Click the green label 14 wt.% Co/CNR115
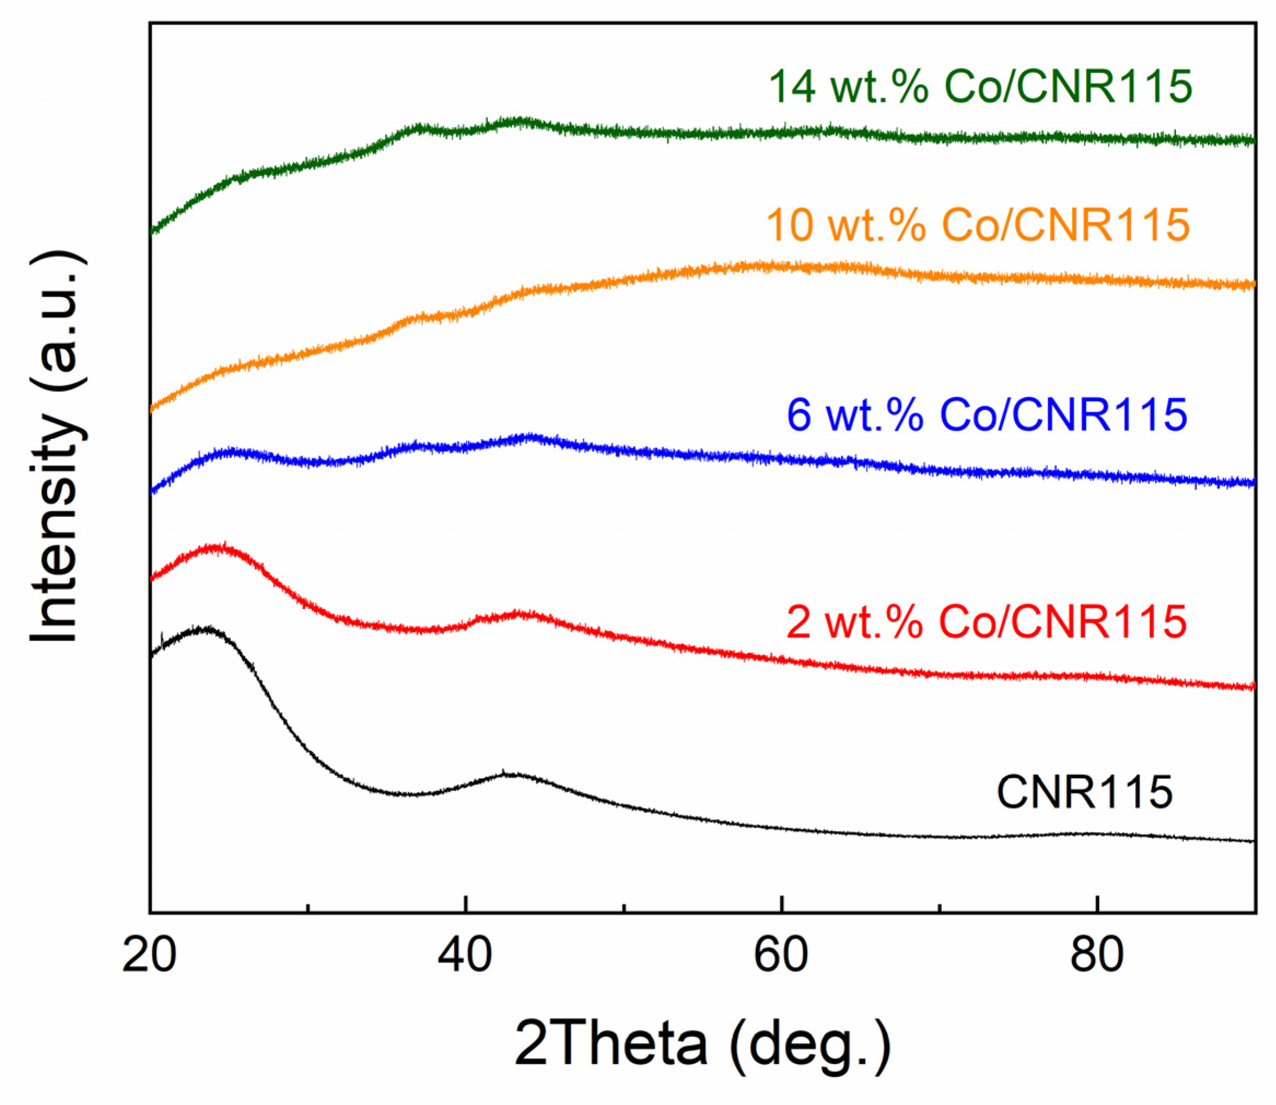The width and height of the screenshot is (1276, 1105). [x=981, y=86]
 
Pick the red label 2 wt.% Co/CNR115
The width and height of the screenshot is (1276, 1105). [x=987, y=622]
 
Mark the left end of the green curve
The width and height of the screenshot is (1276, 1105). [x=152, y=232]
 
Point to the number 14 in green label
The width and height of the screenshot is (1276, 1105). [x=792, y=86]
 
